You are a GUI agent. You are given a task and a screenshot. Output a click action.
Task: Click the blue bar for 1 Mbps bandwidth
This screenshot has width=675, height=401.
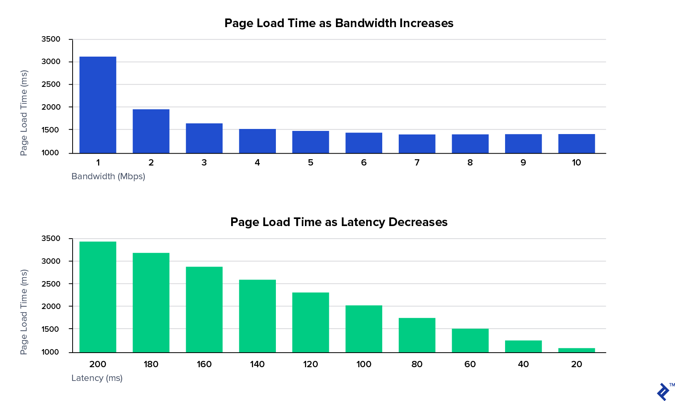[x=98, y=105]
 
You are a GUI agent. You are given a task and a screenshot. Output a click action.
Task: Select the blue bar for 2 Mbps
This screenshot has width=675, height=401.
[x=151, y=131]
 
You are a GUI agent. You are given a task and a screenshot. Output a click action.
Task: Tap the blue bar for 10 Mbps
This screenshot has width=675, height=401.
[x=576, y=143]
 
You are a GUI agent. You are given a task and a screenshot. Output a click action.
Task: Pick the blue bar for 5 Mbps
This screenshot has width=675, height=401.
[x=310, y=142]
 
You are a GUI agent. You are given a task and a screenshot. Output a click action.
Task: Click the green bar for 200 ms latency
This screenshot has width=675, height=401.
[x=98, y=297]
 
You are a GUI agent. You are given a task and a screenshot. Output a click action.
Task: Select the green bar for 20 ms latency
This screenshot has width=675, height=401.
[x=576, y=350]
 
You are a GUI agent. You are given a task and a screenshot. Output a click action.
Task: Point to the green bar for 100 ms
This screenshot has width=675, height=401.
[x=364, y=329]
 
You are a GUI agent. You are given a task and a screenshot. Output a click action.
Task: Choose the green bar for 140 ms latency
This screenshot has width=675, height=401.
[x=257, y=316]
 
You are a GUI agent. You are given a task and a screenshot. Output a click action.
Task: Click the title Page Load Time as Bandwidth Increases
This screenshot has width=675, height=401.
[x=339, y=23]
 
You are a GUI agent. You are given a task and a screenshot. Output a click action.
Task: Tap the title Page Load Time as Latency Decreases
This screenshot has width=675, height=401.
[x=339, y=222]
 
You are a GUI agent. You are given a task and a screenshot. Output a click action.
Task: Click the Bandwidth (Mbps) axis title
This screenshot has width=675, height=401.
[x=108, y=176]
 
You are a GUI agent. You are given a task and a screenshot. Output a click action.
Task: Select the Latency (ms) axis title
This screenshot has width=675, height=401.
[x=97, y=378]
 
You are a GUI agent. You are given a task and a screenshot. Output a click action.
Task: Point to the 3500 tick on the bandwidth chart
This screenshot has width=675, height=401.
[x=51, y=39]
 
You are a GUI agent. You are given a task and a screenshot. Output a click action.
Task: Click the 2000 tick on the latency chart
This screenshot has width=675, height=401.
[x=51, y=306]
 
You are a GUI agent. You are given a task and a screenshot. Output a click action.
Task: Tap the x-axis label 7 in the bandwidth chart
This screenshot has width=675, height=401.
[x=417, y=162]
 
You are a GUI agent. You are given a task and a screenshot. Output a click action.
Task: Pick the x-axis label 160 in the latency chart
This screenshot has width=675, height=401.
[x=204, y=364]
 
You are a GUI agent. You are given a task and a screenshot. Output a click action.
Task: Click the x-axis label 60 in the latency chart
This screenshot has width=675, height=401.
[x=470, y=364]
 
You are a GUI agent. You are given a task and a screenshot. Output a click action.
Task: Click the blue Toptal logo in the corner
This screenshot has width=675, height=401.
[x=663, y=392]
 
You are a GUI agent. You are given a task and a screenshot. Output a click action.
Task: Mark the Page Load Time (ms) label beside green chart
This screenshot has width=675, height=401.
[x=24, y=312]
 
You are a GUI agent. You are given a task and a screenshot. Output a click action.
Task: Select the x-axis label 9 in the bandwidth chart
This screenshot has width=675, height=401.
[x=523, y=162]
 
